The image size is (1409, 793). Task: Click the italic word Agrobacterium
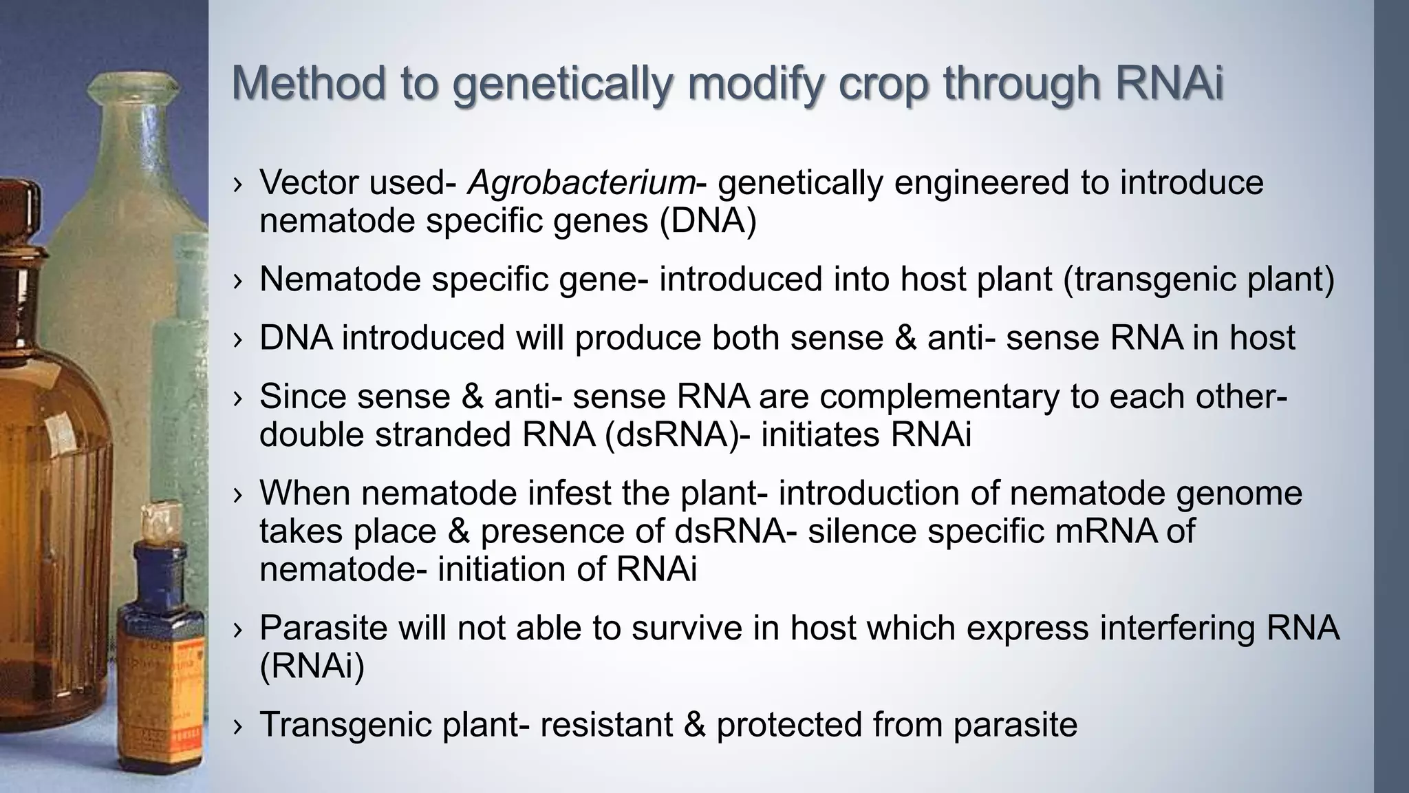pyautogui.click(x=581, y=183)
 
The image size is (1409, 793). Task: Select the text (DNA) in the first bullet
pyautogui.click(x=708, y=221)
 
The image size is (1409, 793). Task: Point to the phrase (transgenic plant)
pyautogui.click(x=1198, y=279)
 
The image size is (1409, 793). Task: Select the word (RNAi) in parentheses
pyautogui.click(x=312, y=666)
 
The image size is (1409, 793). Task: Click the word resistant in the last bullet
pyautogui.click(x=605, y=725)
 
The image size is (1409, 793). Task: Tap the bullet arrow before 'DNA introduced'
pyautogui.click(x=238, y=339)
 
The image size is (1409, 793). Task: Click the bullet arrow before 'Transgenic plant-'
pyautogui.click(x=238, y=726)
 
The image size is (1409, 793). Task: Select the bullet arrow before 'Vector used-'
pyautogui.click(x=238, y=184)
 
